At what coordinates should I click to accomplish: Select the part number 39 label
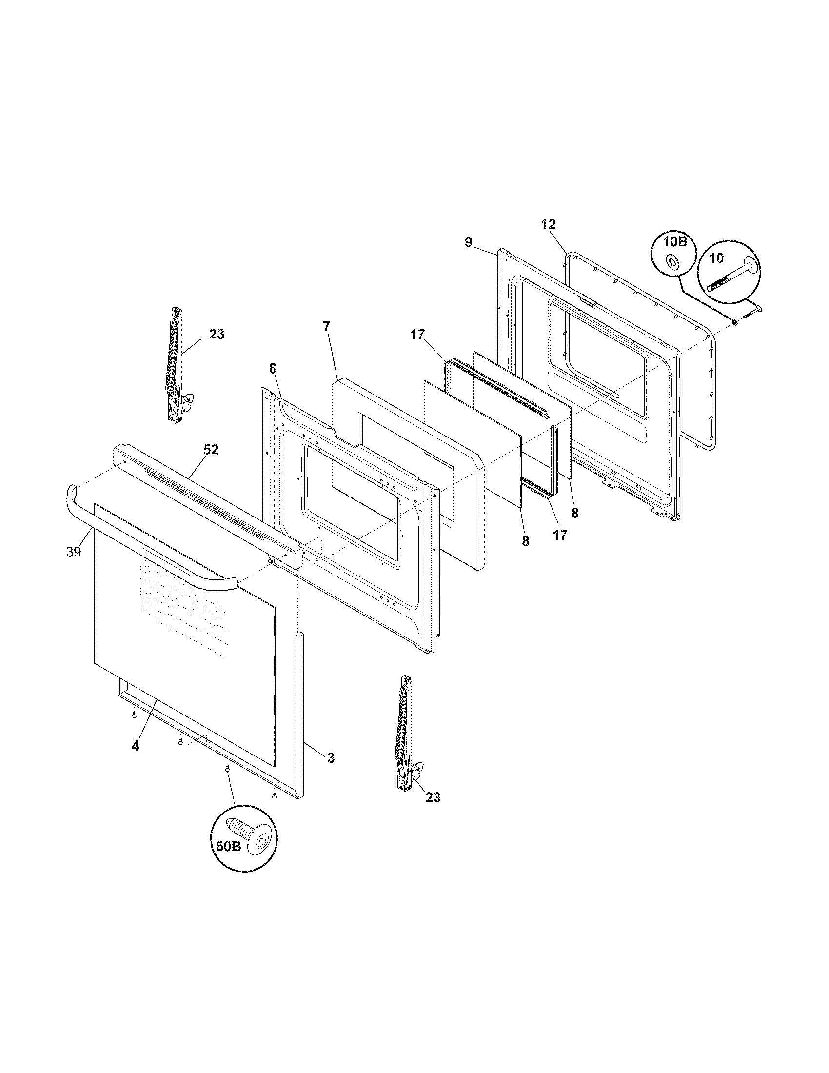(74, 552)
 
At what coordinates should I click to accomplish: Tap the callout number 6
(273, 368)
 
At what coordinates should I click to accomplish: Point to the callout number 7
(327, 326)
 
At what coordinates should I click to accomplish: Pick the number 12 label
(549, 224)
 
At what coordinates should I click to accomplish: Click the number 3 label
(331, 758)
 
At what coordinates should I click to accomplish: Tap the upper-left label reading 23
(217, 334)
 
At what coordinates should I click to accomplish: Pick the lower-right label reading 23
(433, 797)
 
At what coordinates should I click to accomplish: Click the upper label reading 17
(417, 336)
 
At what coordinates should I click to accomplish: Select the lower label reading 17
(560, 535)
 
